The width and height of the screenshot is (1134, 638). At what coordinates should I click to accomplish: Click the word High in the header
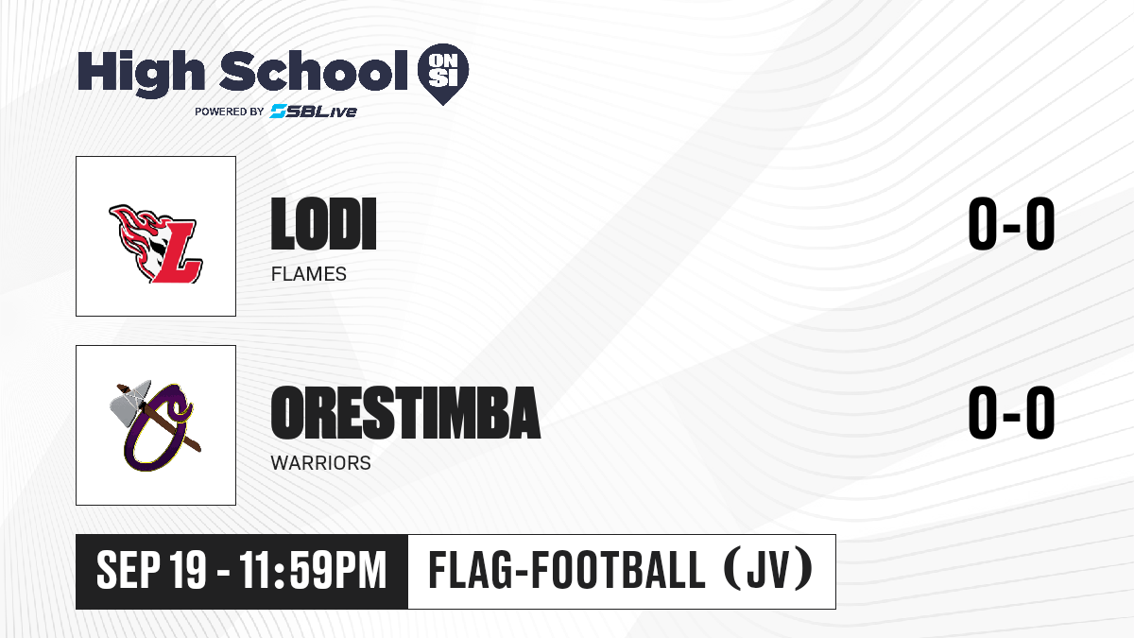pos(142,73)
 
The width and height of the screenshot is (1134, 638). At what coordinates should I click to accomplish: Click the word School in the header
pos(314,71)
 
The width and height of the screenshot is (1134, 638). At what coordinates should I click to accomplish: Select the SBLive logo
pos(314,111)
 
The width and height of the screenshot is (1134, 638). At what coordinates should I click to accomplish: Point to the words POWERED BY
pos(230,112)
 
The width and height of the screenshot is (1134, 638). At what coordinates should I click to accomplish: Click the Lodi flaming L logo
pos(156,244)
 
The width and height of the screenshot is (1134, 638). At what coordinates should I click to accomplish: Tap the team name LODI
pos(323,224)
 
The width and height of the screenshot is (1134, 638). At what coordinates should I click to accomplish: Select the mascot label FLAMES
pos(308,274)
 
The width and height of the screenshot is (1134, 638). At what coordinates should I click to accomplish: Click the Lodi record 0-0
pos(1011,223)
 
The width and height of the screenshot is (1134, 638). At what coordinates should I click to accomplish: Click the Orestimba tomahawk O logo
pos(155,426)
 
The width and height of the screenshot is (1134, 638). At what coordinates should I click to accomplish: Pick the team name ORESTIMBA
pos(405,412)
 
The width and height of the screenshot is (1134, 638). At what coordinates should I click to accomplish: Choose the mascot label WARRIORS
pos(320,463)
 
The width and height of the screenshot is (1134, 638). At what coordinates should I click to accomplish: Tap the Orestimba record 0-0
pos(1011,412)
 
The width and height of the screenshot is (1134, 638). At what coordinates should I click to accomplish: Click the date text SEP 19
pos(151,570)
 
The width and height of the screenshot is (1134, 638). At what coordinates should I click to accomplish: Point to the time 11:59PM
pos(313,570)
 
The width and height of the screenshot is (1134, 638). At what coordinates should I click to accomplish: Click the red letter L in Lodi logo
pos(176,251)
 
